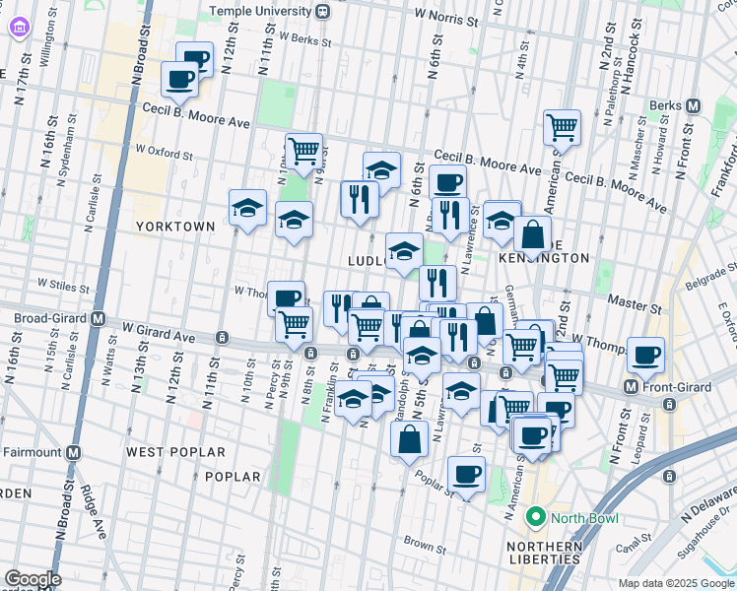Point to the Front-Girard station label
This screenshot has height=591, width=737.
pyautogui.click(x=675, y=387)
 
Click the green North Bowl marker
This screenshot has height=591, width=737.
pyautogui.click(x=536, y=516)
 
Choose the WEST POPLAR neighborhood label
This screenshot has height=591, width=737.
pyautogui.click(x=165, y=451)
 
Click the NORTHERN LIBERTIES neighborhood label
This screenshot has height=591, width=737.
pyautogui.click(x=543, y=553)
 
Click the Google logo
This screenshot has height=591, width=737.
pyautogui.click(x=33, y=579)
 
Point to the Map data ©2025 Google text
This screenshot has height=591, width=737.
pyautogui.click(x=675, y=583)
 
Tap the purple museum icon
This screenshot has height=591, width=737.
pyautogui.click(x=20, y=28)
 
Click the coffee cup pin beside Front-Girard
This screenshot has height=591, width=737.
pyautogui.click(x=645, y=356)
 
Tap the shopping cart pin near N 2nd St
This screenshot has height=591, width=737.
pyautogui.click(x=562, y=126)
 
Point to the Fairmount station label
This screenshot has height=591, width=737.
pyautogui.click(x=32, y=453)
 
